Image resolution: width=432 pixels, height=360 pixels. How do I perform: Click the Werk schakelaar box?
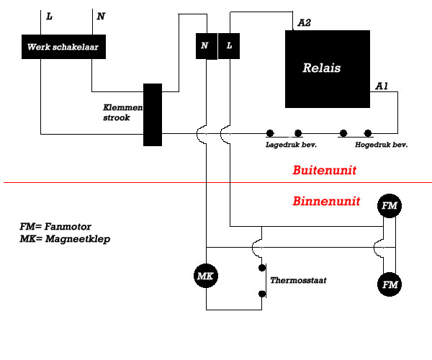[x=63, y=47]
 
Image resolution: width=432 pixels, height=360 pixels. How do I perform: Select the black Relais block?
[x=328, y=69]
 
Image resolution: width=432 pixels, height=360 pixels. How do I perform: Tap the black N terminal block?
[x=207, y=46]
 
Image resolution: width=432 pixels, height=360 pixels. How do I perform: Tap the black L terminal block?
[x=229, y=46]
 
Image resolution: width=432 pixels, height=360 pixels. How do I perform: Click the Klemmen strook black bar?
[x=153, y=114]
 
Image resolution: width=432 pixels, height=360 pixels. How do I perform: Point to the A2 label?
[x=305, y=22]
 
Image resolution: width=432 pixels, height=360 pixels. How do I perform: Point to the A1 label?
[x=382, y=86]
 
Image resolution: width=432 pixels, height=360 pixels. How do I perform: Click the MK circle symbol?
[x=206, y=276]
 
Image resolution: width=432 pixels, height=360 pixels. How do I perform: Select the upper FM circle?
[x=390, y=206]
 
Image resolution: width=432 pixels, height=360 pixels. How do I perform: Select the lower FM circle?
[x=390, y=284]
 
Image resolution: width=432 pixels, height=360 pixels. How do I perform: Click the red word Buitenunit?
[x=324, y=170]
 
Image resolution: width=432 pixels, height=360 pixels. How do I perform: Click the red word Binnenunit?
[x=326, y=201]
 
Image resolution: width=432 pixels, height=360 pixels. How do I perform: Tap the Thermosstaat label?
[x=298, y=280]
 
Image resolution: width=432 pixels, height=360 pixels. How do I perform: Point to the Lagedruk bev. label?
[x=291, y=145]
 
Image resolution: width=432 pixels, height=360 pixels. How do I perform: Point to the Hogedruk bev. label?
[x=382, y=145]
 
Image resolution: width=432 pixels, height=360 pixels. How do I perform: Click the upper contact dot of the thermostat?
[x=262, y=268]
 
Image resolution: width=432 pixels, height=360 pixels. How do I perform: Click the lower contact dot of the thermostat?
[x=262, y=294]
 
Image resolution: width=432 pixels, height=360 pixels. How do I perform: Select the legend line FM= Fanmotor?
[x=55, y=226]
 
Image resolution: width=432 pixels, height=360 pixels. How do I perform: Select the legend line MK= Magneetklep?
[x=65, y=239]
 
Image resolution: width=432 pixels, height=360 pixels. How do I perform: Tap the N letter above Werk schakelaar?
[x=101, y=17]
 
